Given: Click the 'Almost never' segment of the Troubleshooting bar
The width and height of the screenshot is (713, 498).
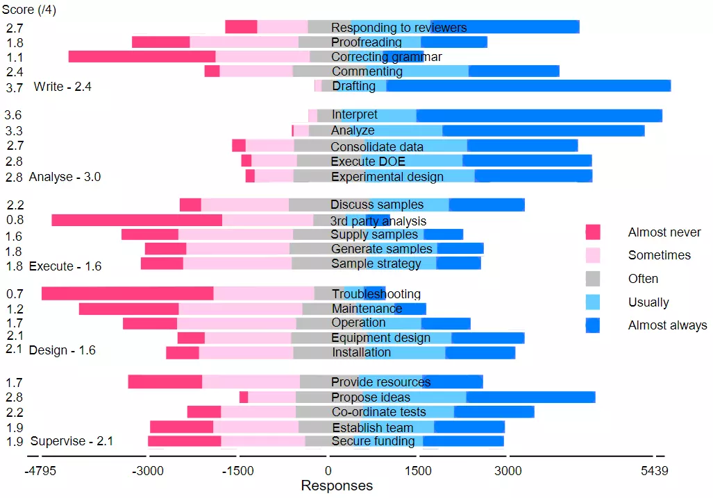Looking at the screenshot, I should tap(127, 293).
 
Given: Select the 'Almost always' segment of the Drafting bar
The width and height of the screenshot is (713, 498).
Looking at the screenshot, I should tap(528, 86).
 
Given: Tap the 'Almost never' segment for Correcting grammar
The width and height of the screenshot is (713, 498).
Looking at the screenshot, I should tap(142, 57).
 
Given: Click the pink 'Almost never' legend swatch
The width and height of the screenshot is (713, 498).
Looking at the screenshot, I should tap(592, 232).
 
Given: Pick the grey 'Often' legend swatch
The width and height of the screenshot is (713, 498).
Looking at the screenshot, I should tap(592, 279).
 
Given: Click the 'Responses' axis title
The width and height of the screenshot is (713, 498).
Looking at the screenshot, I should tap(337, 486).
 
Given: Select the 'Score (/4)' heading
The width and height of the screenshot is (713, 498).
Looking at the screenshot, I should tap(30, 10).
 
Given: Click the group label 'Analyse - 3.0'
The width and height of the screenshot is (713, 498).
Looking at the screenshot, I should tap(65, 177).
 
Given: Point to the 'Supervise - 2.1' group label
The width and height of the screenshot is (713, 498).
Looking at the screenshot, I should tap(72, 441).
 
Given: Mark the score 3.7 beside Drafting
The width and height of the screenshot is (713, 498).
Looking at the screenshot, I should tap(14, 88).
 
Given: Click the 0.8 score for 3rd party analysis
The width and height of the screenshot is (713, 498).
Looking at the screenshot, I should tap(15, 221).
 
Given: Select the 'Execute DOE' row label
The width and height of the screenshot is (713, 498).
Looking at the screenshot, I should tap(368, 161).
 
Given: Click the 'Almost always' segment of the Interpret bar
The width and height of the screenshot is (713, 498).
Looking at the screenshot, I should tap(539, 116).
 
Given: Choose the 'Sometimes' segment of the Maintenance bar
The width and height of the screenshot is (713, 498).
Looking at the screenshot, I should tap(240, 309).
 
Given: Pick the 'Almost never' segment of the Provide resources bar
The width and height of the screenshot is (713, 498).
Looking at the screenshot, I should tap(165, 381).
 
